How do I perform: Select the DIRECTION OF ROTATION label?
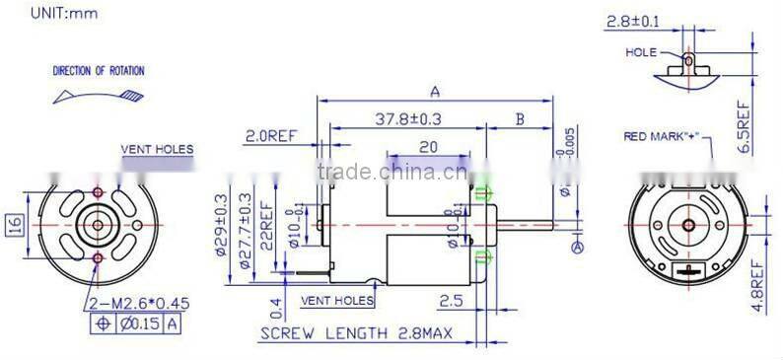pos(98,71)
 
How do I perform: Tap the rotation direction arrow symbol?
pos(99,95)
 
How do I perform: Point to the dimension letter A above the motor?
pos(435,92)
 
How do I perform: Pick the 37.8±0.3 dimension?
pos(408,119)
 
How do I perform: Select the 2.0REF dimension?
pos(272,136)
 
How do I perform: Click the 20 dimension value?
pos(428,146)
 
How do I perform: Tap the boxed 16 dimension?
pos(15,225)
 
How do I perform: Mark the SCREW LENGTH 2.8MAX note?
pos(355,335)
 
